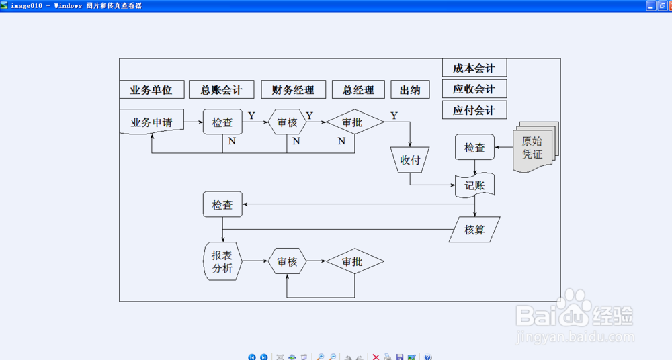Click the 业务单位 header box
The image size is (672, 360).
click(152, 89)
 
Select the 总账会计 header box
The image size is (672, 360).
click(221, 89)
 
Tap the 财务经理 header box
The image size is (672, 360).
click(293, 89)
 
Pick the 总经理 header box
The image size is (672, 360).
click(358, 89)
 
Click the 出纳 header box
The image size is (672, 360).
click(410, 89)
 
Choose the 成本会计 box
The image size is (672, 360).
click(474, 68)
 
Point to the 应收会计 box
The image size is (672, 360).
click(474, 89)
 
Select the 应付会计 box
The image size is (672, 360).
click(474, 109)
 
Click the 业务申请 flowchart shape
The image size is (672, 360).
click(151, 122)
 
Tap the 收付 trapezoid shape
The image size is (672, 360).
click(410, 160)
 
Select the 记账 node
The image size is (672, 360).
click(475, 185)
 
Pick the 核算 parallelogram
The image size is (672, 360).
click(475, 230)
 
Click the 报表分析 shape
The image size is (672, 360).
click(222, 261)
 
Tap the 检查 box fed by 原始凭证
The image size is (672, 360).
click(474, 147)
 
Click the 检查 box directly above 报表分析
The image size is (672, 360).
click(222, 204)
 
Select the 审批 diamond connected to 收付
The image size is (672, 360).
click(355, 122)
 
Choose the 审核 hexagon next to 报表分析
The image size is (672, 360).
click(287, 261)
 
